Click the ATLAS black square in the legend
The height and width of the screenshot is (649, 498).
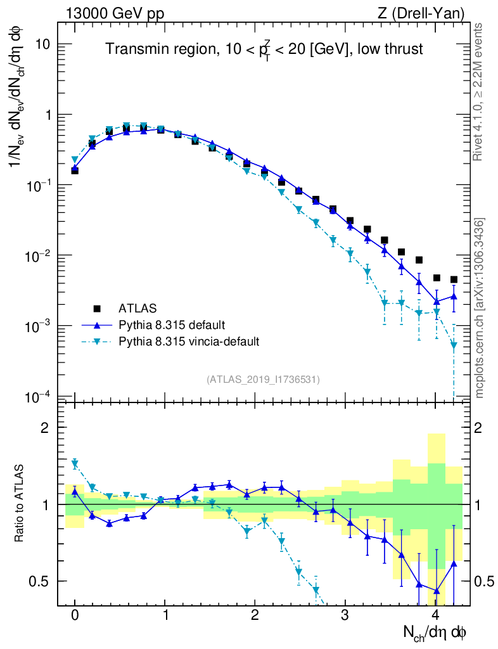coord(97,309)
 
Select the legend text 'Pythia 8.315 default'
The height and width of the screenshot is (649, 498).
coord(171,325)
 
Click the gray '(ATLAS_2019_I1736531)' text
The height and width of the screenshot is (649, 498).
coord(263,380)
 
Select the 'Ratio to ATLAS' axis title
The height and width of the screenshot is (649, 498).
coord(20,504)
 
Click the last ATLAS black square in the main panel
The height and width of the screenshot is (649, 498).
coord(454,280)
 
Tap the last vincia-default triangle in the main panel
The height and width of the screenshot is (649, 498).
coord(454,346)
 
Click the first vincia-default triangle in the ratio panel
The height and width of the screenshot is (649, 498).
coord(75,464)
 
